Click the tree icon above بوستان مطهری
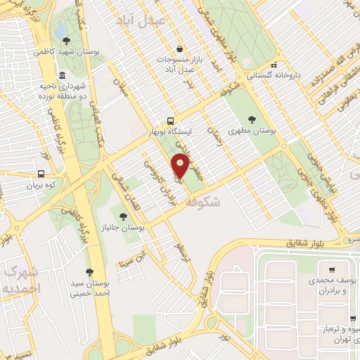253,119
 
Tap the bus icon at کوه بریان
41,173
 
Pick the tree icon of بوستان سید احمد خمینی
89,271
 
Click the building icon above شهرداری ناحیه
63,75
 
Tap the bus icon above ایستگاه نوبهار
169,120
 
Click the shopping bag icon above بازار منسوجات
181,49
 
